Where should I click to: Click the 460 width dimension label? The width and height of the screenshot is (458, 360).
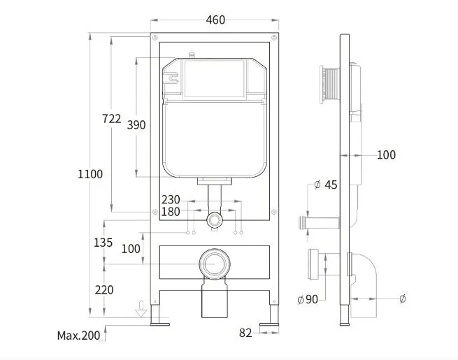coord(215,20)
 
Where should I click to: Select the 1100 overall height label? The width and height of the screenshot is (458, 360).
coord(90,174)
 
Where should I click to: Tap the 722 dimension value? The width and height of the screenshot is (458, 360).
coord(112,119)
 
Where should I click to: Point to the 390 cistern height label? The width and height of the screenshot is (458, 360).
coord(136,125)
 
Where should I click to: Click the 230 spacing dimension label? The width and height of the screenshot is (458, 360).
coord(171,200)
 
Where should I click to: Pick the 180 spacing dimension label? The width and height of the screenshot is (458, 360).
coord(171,212)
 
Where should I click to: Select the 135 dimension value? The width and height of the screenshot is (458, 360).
coord(103,243)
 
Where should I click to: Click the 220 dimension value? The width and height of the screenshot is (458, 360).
coord(104,290)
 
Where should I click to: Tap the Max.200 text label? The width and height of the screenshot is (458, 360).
coord(78,336)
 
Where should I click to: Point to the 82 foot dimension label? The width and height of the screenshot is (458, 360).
coord(245,333)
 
